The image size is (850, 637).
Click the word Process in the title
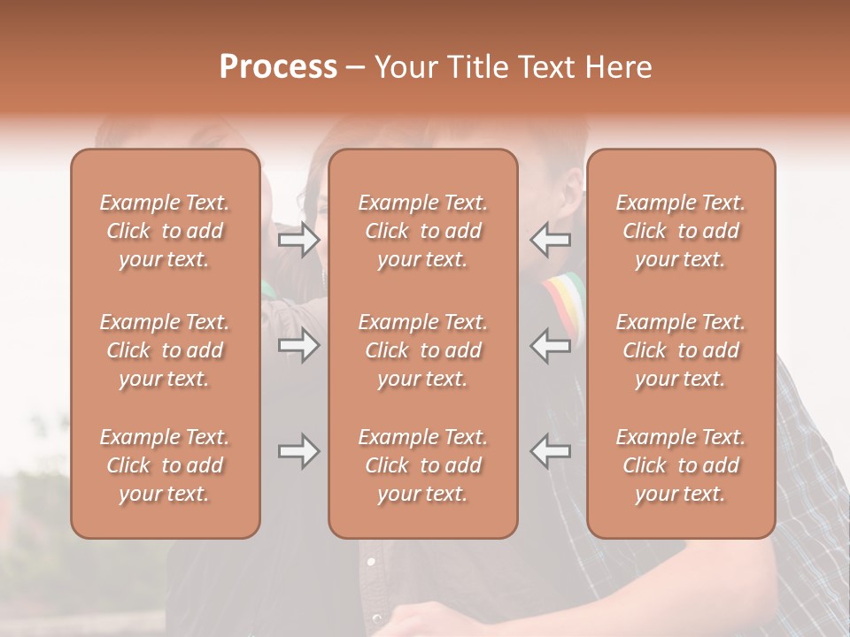click(x=278, y=67)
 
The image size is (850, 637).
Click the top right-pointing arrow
click(x=298, y=240)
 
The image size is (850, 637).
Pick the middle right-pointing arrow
click(x=298, y=345)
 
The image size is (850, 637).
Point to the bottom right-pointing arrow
click(x=298, y=451)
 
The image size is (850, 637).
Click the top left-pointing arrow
click(x=551, y=240)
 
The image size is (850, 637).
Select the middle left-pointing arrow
click(x=551, y=345)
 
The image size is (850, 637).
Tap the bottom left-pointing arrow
click(x=551, y=451)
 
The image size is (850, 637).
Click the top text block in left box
click(x=165, y=231)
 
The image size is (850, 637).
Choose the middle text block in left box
click(x=165, y=350)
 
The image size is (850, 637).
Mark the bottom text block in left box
click(x=165, y=465)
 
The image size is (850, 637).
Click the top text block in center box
click(x=422, y=231)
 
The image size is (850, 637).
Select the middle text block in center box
click(x=422, y=350)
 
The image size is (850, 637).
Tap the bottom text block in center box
click(x=422, y=465)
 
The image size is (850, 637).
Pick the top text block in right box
click(x=680, y=231)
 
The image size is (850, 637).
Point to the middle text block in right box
click(x=680, y=350)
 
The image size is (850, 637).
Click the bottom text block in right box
click(x=680, y=465)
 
